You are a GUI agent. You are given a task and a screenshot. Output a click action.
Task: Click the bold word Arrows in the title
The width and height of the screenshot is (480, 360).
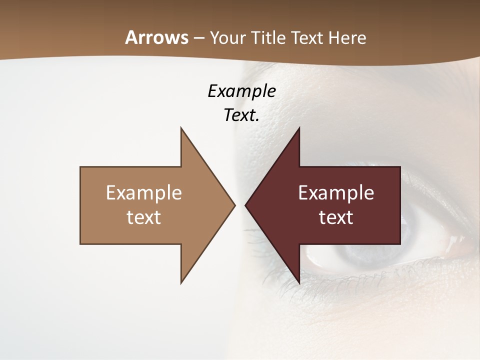tap(156, 37)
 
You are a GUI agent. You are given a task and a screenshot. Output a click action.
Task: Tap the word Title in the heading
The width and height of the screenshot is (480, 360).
tap(270, 38)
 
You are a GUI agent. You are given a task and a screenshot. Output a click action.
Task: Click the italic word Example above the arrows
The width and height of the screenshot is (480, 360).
tap(241, 91)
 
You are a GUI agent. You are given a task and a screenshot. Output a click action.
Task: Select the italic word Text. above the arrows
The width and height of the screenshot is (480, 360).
tap(241, 115)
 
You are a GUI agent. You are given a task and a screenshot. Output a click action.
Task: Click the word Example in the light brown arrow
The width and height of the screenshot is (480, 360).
tap(144, 192)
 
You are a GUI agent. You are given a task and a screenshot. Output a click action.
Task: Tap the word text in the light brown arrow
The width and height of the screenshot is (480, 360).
tap(144, 217)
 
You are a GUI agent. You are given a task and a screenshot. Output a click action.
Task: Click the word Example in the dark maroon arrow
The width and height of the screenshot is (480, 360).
tap(336, 192)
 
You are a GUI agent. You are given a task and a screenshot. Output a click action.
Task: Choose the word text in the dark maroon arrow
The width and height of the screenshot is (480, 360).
tap(336, 217)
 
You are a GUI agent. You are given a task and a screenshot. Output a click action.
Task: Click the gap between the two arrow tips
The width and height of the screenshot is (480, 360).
tap(240, 205)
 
